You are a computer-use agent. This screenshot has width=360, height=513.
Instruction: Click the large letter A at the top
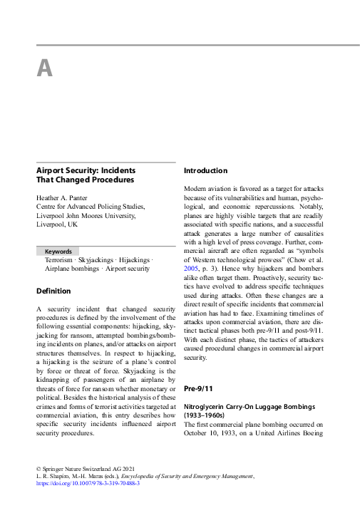click(44, 68)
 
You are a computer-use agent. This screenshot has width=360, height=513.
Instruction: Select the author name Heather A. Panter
click(69, 197)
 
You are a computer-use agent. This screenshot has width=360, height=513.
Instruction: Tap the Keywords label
click(58, 252)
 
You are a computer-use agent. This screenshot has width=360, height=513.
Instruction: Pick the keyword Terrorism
click(59, 260)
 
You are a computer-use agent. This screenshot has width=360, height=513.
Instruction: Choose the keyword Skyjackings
click(101, 260)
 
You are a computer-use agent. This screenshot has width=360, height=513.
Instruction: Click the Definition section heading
click(53, 291)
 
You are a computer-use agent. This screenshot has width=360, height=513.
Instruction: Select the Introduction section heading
click(205, 171)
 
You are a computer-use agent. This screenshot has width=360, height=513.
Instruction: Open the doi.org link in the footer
click(88, 482)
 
